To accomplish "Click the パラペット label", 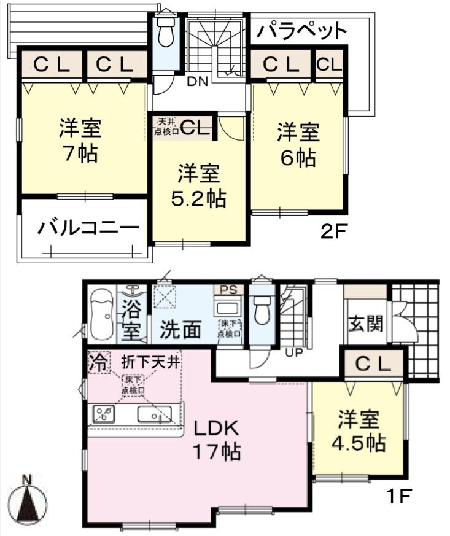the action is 301,31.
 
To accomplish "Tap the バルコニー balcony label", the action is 88,228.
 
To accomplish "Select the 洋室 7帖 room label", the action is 80,140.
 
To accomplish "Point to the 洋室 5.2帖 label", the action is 198,185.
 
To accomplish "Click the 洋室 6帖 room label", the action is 298,145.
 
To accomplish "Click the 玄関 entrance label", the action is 366,324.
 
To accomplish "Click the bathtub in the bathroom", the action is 102,314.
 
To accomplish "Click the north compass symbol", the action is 27,502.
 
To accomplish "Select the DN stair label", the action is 198,82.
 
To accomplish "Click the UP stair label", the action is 294,352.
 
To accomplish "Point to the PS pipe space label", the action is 228,290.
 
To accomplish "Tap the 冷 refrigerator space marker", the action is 99,362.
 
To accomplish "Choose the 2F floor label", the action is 333,232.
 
